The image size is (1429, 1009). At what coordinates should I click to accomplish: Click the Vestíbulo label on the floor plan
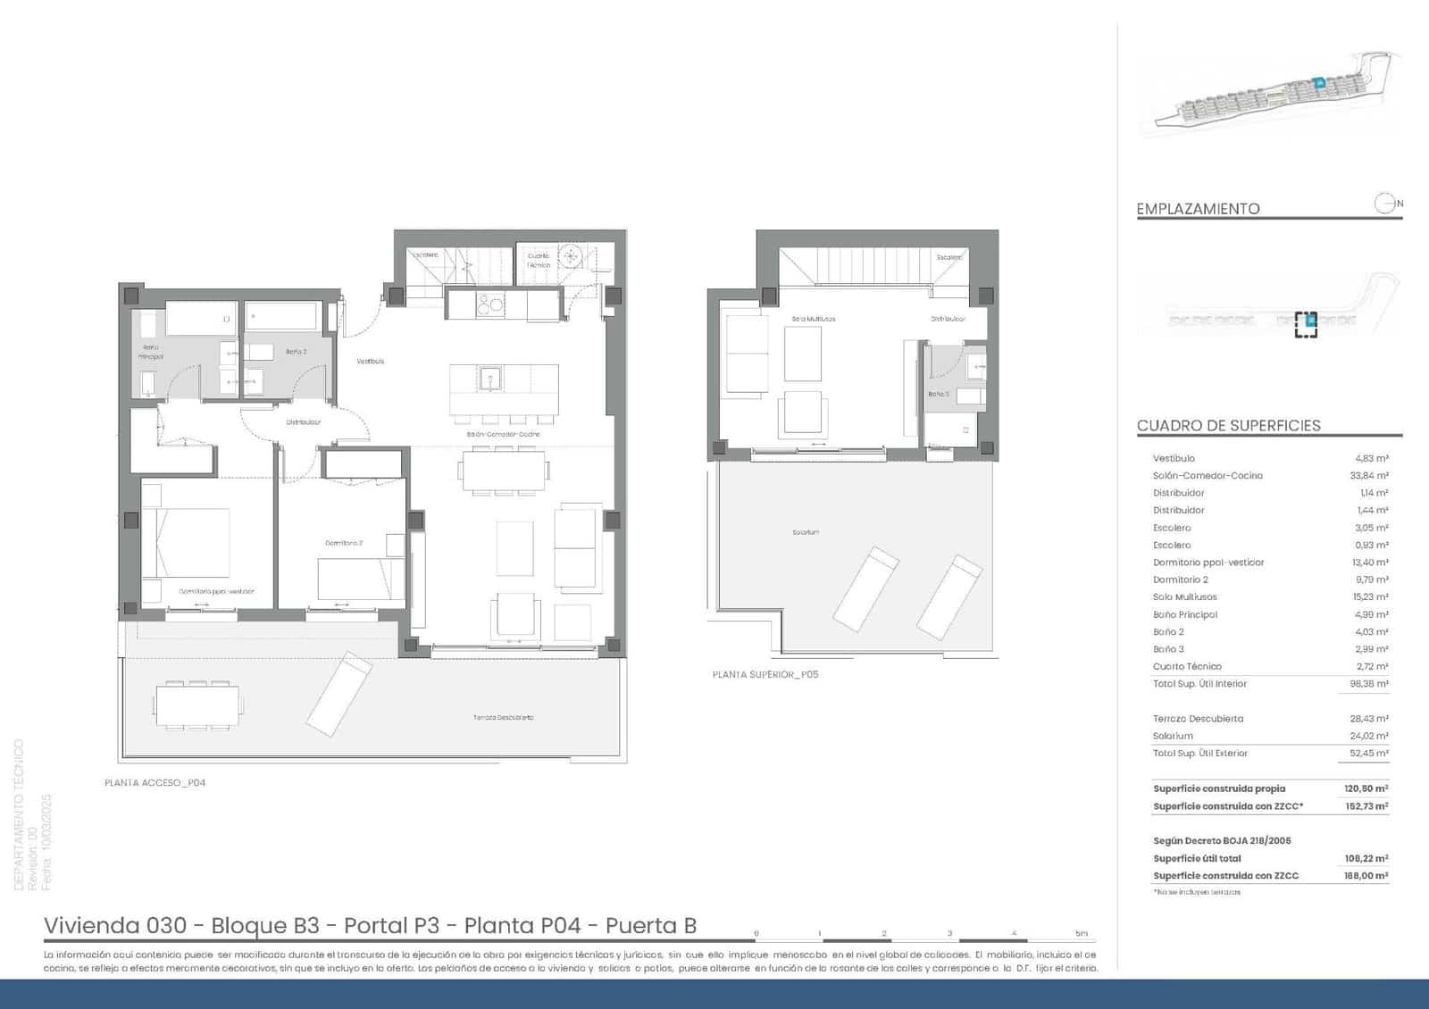tap(371, 362)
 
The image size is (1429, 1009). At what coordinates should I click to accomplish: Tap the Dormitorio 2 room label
tap(344, 543)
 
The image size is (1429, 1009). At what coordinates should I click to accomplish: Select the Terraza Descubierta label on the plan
tap(504, 717)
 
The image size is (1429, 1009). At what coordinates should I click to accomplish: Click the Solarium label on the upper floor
tap(806, 532)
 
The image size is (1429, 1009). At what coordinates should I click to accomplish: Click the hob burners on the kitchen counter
tap(489, 306)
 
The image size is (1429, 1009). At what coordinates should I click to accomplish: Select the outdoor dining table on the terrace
tap(197, 706)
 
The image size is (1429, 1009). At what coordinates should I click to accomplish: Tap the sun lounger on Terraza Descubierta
tap(339, 692)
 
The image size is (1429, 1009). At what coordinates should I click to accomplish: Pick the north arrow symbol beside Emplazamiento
tap(1385, 204)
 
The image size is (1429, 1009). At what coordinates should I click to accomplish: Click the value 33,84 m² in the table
tap(1368, 476)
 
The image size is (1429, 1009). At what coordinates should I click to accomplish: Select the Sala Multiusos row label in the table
tap(1184, 597)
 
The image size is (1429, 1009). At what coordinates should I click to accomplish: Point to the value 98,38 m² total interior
tap(1368, 684)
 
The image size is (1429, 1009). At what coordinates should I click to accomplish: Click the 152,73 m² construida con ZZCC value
tap(1366, 806)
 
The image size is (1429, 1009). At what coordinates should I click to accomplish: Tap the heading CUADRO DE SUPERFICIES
tap(1228, 426)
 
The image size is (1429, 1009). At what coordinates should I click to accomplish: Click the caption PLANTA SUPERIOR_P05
tap(765, 675)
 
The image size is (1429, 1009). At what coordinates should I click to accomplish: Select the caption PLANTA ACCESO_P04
tap(155, 783)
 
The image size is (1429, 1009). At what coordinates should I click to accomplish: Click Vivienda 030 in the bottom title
tap(115, 925)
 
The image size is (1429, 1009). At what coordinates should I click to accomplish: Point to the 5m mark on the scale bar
tap(1082, 934)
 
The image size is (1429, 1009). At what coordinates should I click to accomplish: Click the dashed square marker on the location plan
tap(1306, 324)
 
